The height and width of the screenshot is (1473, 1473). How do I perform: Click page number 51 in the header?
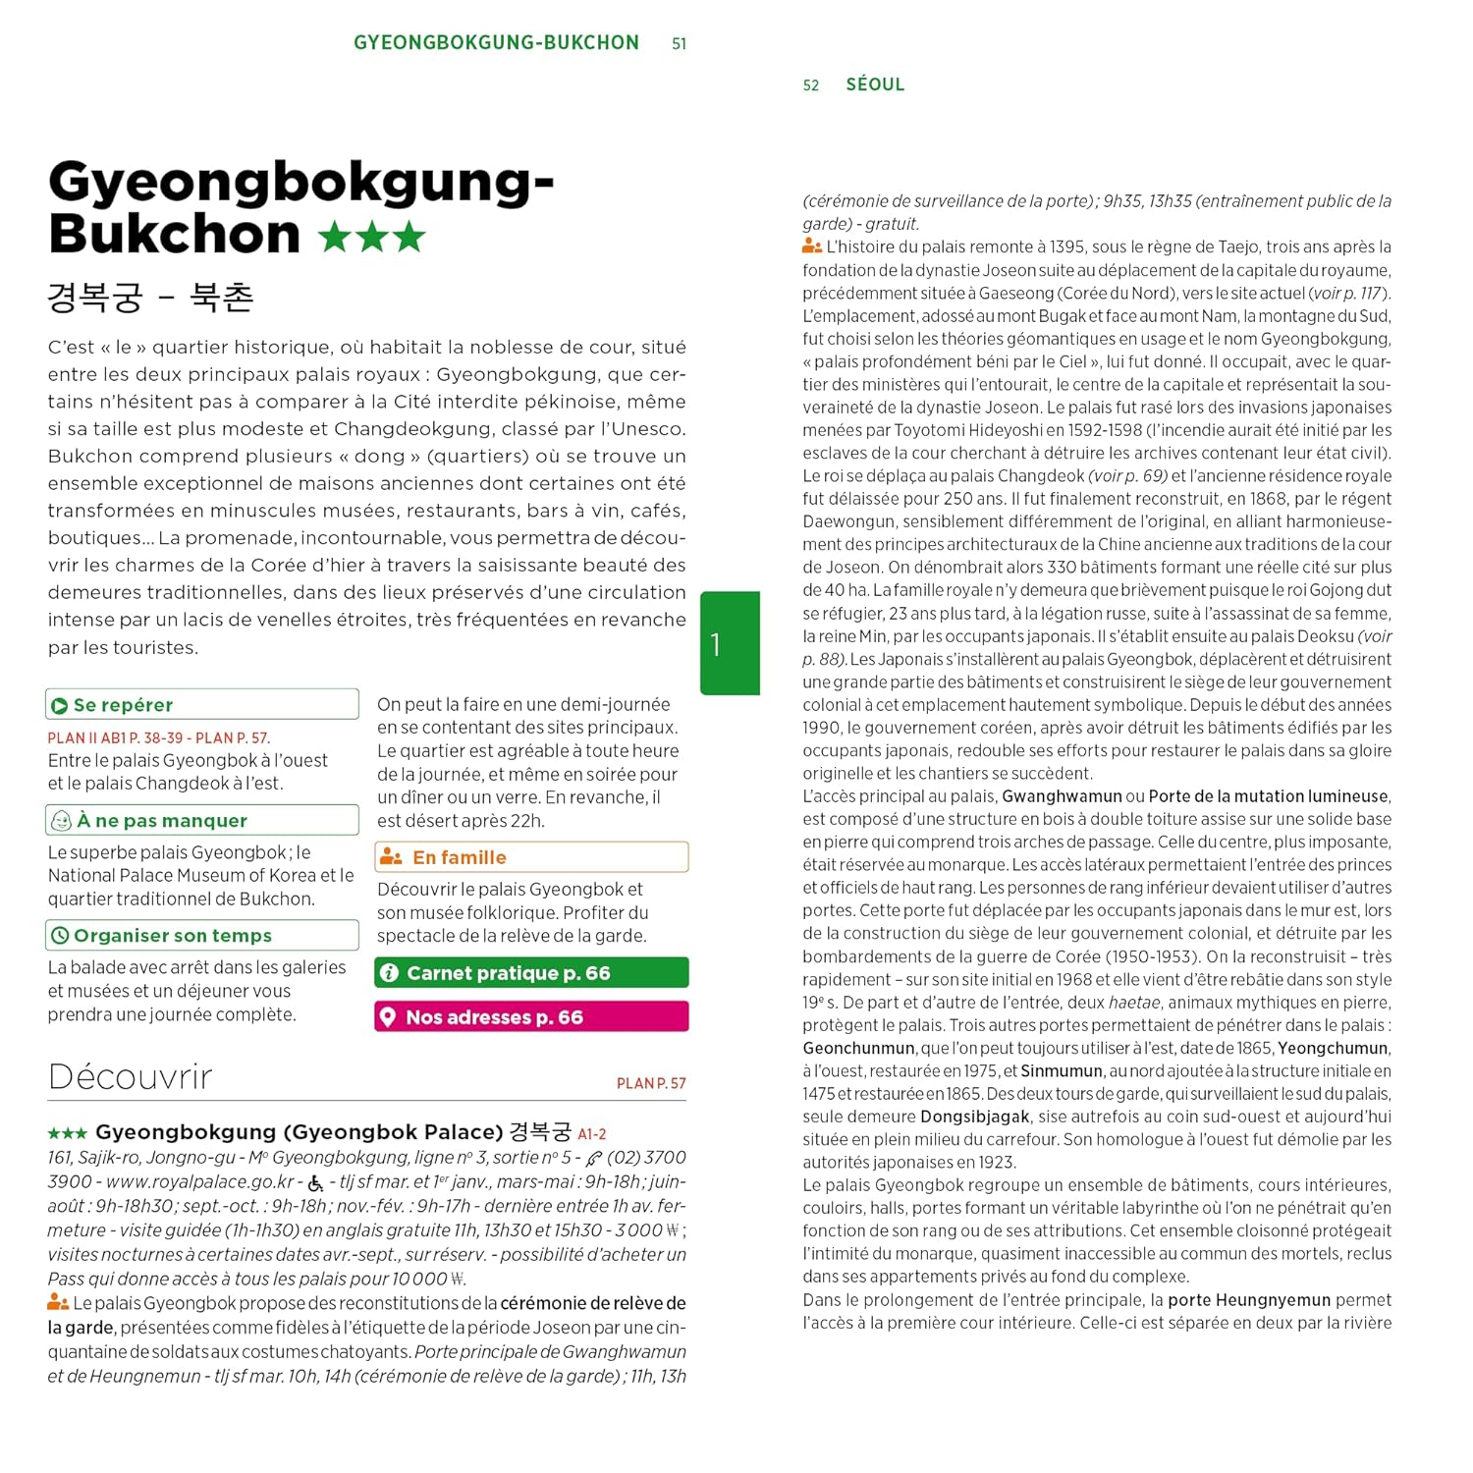pyautogui.click(x=679, y=44)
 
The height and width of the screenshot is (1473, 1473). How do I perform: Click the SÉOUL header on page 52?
pyautogui.click(x=875, y=84)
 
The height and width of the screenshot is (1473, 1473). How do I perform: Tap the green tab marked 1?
pyautogui.click(x=730, y=643)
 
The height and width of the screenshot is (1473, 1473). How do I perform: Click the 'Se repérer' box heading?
pyautogui.click(x=123, y=705)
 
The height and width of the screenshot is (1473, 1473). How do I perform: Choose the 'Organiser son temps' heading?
pyautogui.click(x=173, y=936)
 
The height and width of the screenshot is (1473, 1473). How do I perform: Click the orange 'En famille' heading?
pyautogui.click(x=459, y=857)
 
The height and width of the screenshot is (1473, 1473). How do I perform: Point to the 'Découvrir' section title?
pyautogui.click(x=130, y=1077)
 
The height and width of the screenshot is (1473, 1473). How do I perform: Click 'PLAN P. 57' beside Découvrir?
pyautogui.click(x=651, y=1083)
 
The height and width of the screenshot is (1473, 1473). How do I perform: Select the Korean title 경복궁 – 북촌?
pyautogui.click(x=150, y=297)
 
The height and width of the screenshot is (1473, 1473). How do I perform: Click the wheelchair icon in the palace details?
pyautogui.click(x=315, y=1183)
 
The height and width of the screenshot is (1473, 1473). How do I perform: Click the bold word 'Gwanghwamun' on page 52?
pyautogui.click(x=1062, y=796)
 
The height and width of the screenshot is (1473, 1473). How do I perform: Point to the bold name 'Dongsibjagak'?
pyautogui.click(x=974, y=1117)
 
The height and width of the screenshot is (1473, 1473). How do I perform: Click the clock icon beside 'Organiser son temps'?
pyautogui.click(x=59, y=936)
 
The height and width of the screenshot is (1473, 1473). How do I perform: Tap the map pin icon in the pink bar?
pyautogui.click(x=389, y=1017)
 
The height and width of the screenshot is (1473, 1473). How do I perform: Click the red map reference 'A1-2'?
pyautogui.click(x=592, y=1134)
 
